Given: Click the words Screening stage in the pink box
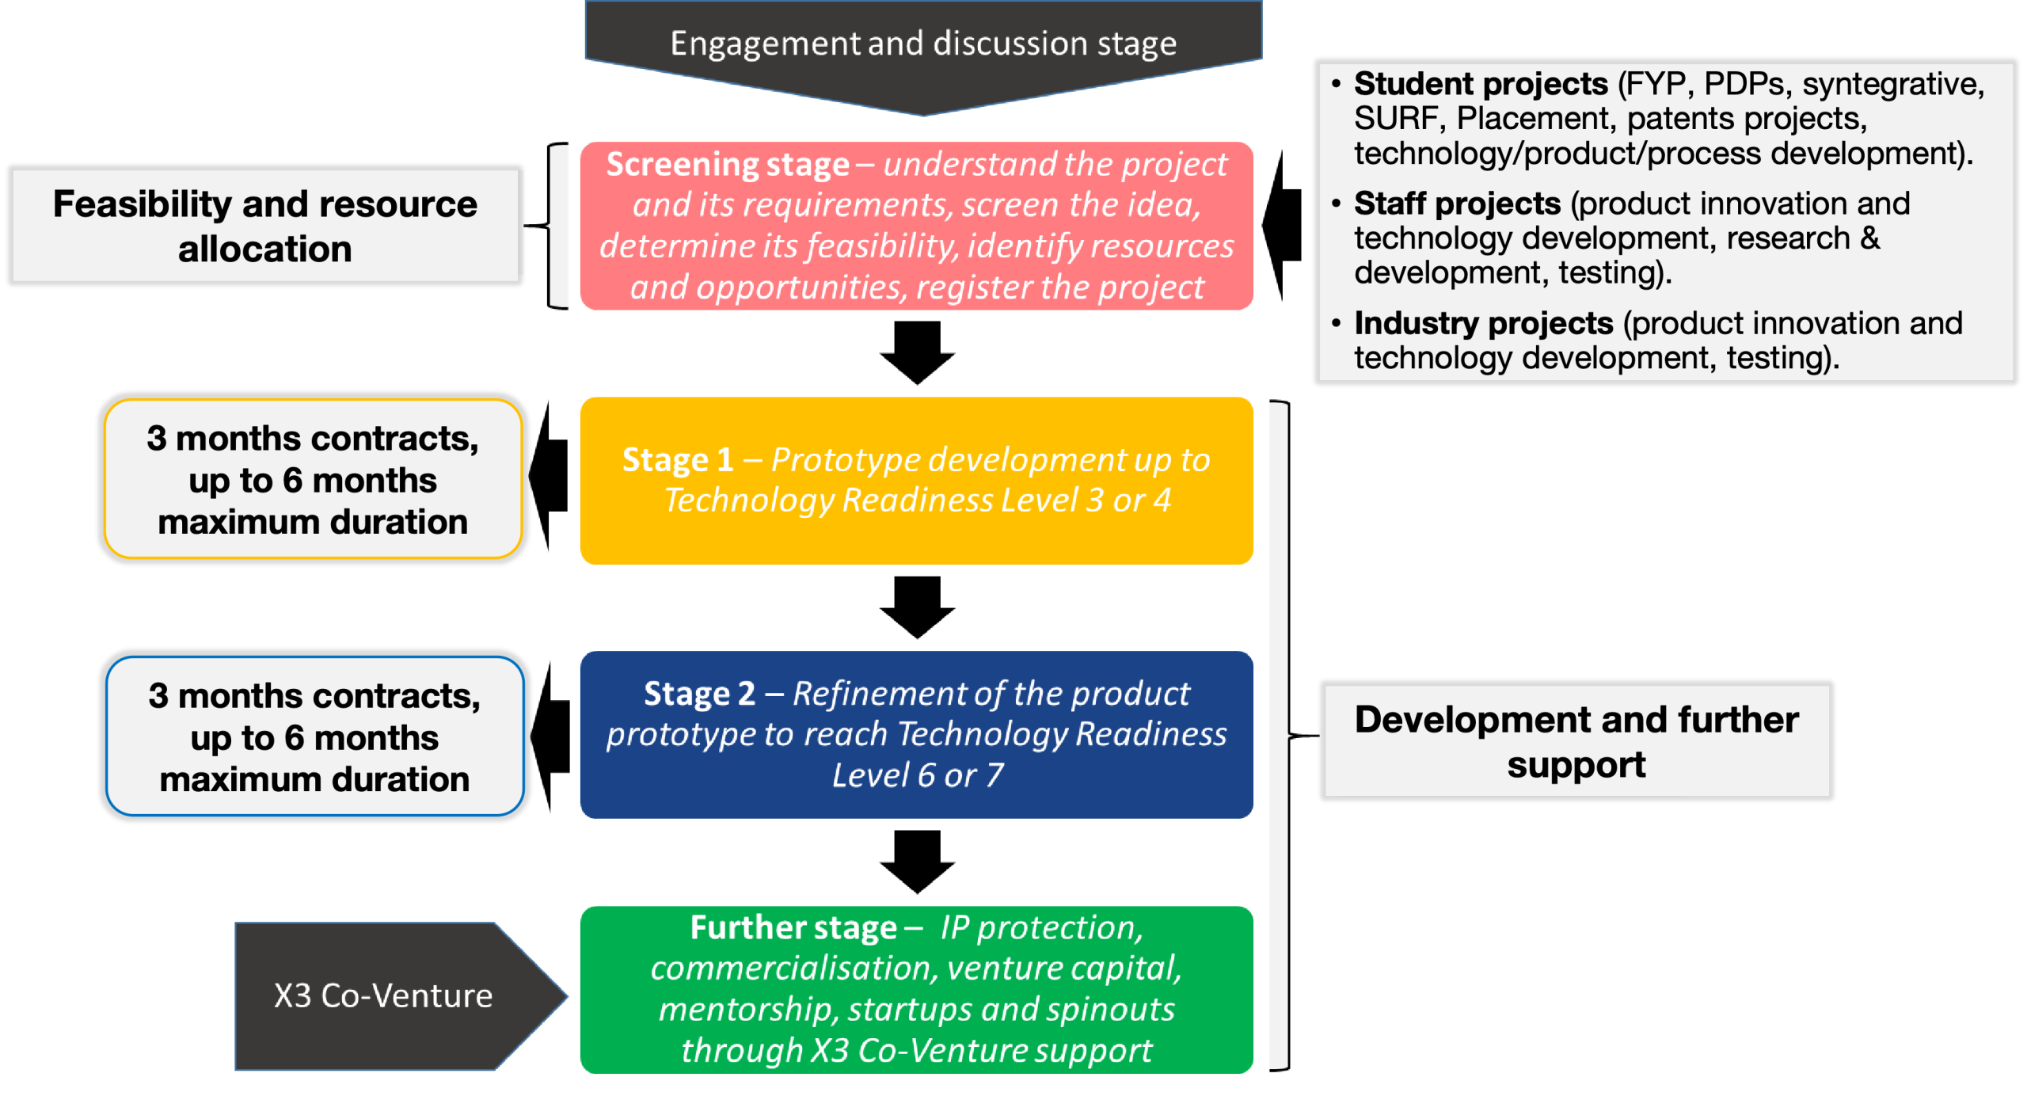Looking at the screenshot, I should (x=727, y=165).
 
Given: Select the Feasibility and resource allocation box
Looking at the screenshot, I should (x=265, y=226).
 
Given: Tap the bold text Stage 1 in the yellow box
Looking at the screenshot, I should (x=677, y=460).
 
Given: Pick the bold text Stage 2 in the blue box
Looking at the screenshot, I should (x=698, y=694).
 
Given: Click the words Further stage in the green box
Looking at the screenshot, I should (x=793, y=927).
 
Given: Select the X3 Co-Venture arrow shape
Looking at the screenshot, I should (x=384, y=995).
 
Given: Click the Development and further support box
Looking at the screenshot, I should (x=1576, y=741).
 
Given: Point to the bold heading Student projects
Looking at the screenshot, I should (x=1480, y=84).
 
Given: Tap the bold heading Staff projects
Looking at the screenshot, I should (x=1457, y=204).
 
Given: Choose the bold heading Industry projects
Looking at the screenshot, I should (x=1483, y=323).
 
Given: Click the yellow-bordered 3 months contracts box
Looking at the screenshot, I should (x=313, y=480).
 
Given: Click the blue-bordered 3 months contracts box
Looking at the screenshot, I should (x=314, y=737).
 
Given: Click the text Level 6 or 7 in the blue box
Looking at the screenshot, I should (x=917, y=775).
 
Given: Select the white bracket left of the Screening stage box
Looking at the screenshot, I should (x=559, y=226).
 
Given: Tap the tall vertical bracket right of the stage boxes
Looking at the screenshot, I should (x=1278, y=736).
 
